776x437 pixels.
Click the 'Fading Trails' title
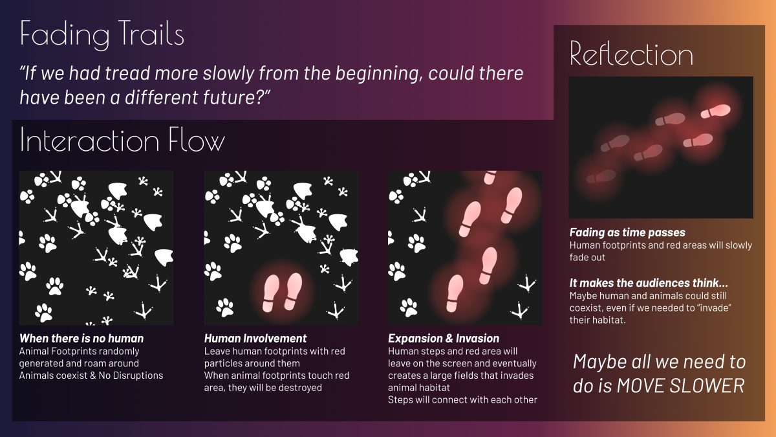pyautogui.click(x=102, y=34)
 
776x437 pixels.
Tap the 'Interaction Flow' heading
pyautogui.click(x=122, y=140)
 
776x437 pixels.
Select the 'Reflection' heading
pyautogui.click(x=631, y=54)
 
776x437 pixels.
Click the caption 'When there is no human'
pyautogui.click(x=81, y=338)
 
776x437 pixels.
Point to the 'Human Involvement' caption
pyautogui.click(x=255, y=338)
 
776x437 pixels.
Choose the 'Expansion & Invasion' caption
pyautogui.click(x=444, y=338)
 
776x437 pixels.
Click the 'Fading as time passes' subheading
pyautogui.click(x=627, y=232)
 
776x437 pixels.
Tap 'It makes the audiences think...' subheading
pyautogui.click(x=649, y=283)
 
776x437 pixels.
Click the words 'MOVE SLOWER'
pyautogui.click(x=681, y=386)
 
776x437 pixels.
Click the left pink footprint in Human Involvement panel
pyautogui.click(x=270, y=293)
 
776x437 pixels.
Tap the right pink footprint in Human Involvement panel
pyautogui.click(x=293, y=291)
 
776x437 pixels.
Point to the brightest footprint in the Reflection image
pyautogui.click(x=715, y=111)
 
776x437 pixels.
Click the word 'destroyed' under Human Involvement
pyautogui.click(x=300, y=387)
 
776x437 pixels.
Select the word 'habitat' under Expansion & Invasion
pyautogui.click(x=433, y=388)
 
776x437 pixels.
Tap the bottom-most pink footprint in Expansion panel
pyautogui.click(x=455, y=293)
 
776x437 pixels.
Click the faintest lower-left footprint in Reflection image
pyautogui.click(x=601, y=177)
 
